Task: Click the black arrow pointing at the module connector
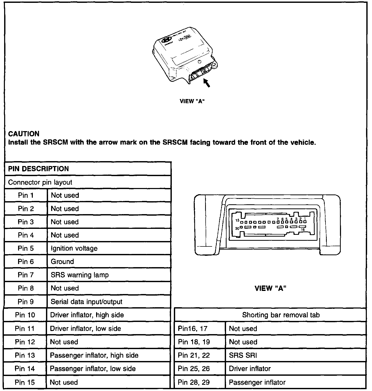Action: (x=207, y=83)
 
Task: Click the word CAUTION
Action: (x=24, y=134)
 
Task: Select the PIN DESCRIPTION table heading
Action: (x=38, y=169)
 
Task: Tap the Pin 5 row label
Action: (x=26, y=248)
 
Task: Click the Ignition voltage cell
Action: (x=74, y=248)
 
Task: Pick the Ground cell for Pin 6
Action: (x=62, y=261)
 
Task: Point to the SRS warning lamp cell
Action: (x=80, y=275)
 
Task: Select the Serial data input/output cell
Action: (x=87, y=302)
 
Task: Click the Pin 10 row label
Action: (x=25, y=315)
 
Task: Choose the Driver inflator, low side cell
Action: (x=85, y=328)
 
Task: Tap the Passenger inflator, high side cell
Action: (x=94, y=355)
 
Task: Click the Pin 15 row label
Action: (x=25, y=382)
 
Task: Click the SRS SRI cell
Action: (x=243, y=355)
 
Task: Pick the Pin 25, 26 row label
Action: (x=194, y=369)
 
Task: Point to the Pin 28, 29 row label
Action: (x=194, y=382)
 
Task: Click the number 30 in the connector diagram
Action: (x=237, y=228)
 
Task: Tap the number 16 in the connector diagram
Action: (x=303, y=230)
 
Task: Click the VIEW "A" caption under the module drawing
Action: (x=192, y=101)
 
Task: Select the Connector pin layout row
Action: (x=40, y=182)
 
